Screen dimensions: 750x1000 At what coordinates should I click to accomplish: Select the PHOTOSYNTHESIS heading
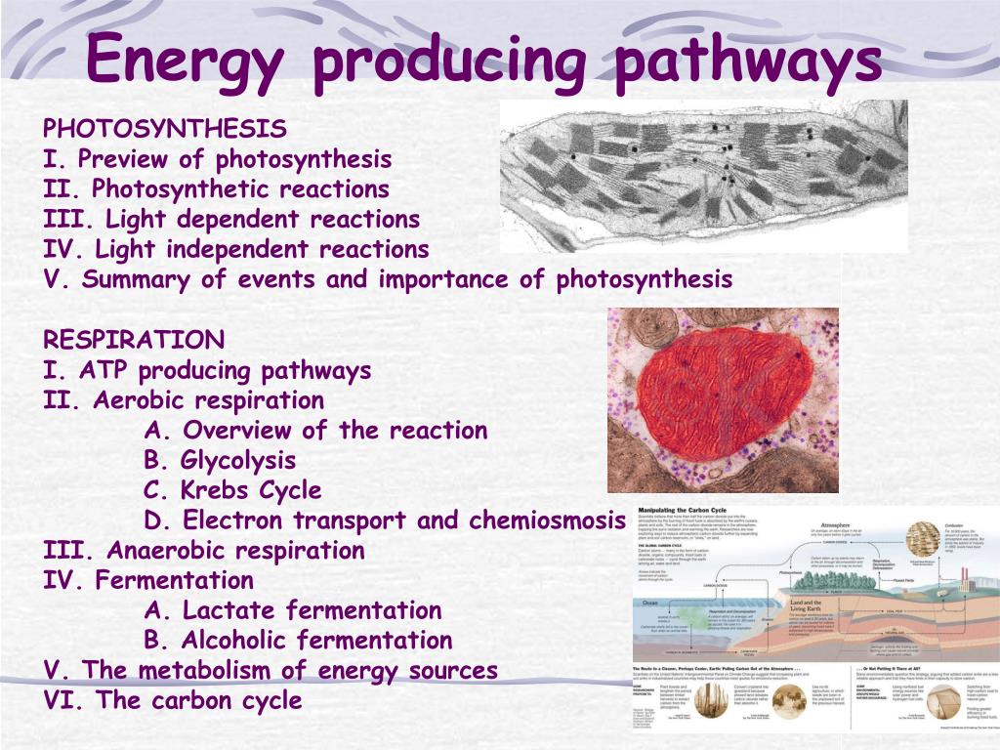pyautogui.click(x=165, y=129)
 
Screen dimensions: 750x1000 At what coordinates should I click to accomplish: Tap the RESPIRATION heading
pyautogui.click(x=134, y=340)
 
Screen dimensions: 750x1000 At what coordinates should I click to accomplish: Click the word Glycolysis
pyautogui.click(x=239, y=460)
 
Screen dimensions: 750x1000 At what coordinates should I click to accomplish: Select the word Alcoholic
pyautogui.click(x=235, y=641)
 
